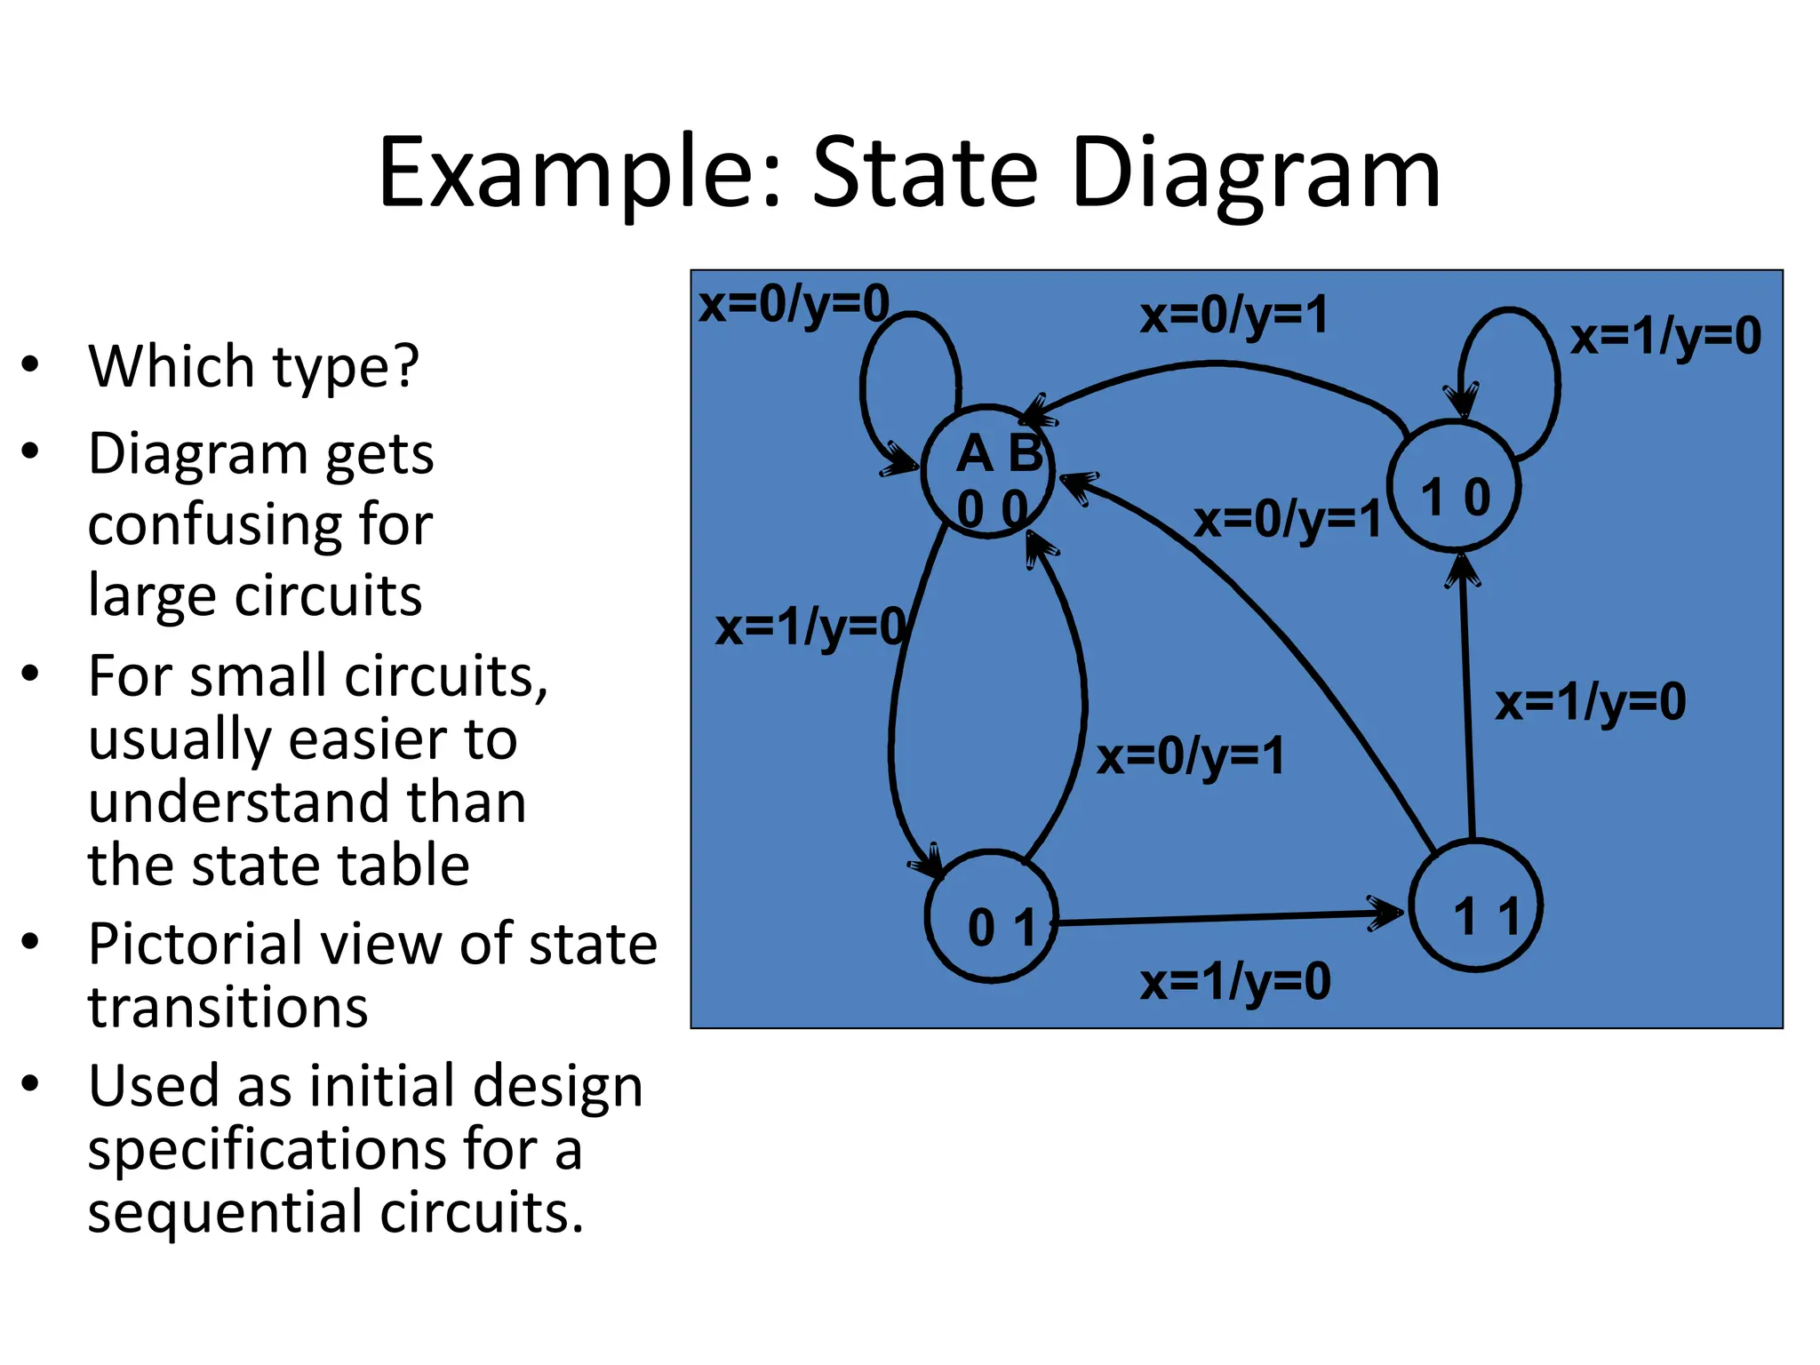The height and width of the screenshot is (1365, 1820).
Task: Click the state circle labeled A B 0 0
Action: pos(989,471)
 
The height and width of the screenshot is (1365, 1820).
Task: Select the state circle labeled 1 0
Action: pos(1454,487)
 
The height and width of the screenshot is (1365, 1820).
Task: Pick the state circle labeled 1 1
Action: pos(1476,906)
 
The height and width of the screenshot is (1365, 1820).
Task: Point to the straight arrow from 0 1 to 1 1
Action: pos(1226,917)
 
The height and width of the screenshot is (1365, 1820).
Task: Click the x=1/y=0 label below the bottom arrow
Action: pos(1235,982)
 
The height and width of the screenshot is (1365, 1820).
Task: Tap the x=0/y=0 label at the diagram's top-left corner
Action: pos(794,305)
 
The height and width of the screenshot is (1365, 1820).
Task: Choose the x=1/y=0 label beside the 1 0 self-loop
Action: pos(1665,338)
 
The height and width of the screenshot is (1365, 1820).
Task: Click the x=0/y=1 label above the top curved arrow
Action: pos(1234,315)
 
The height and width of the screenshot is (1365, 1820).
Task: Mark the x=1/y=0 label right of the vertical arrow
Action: pos(1590,702)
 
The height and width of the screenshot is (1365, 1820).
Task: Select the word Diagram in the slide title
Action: pos(1256,173)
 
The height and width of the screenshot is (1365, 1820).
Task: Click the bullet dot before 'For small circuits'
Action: pos(31,674)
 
